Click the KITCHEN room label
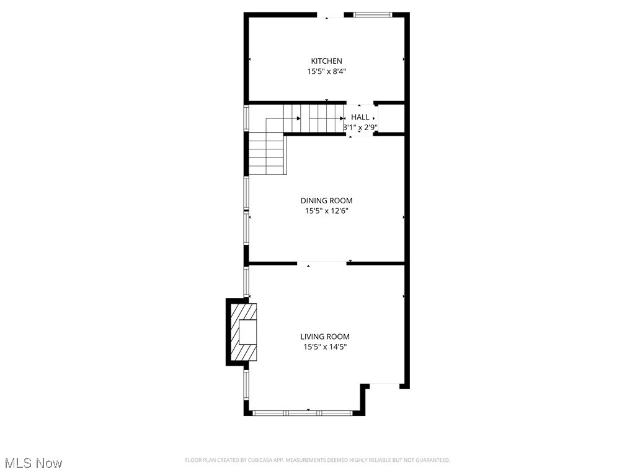[x=326, y=61]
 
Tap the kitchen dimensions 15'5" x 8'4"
[x=326, y=71]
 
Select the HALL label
[x=360, y=117]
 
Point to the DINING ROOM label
[x=326, y=200]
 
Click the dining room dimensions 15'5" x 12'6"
[x=326, y=211]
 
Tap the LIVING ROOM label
[x=325, y=337]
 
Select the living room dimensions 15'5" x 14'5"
[x=325, y=347]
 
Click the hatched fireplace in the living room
[x=244, y=331]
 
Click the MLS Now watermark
[x=33, y=463]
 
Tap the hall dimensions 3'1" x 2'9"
[x=360, y=128]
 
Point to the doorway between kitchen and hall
[x=360, y=102]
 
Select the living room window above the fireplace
[x=246, y=281]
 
